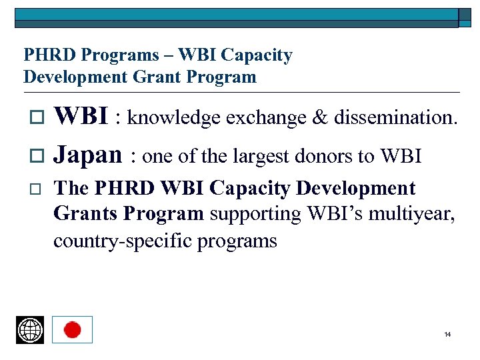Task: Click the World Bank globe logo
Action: pyautogui.click(x=30, y=330)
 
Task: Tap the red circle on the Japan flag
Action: pyautogui.click(x=72, y=330)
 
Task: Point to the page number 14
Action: pyautogui.click(x=447, y=334)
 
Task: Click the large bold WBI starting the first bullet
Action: pyautogui.click(x=81, y=117)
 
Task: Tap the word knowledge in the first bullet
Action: pyautogui.click(x=174, y=118)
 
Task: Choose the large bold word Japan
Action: pyautogui.click(x=87, y=155)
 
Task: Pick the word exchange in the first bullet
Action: pyautogui.click(x=261, y=118)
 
